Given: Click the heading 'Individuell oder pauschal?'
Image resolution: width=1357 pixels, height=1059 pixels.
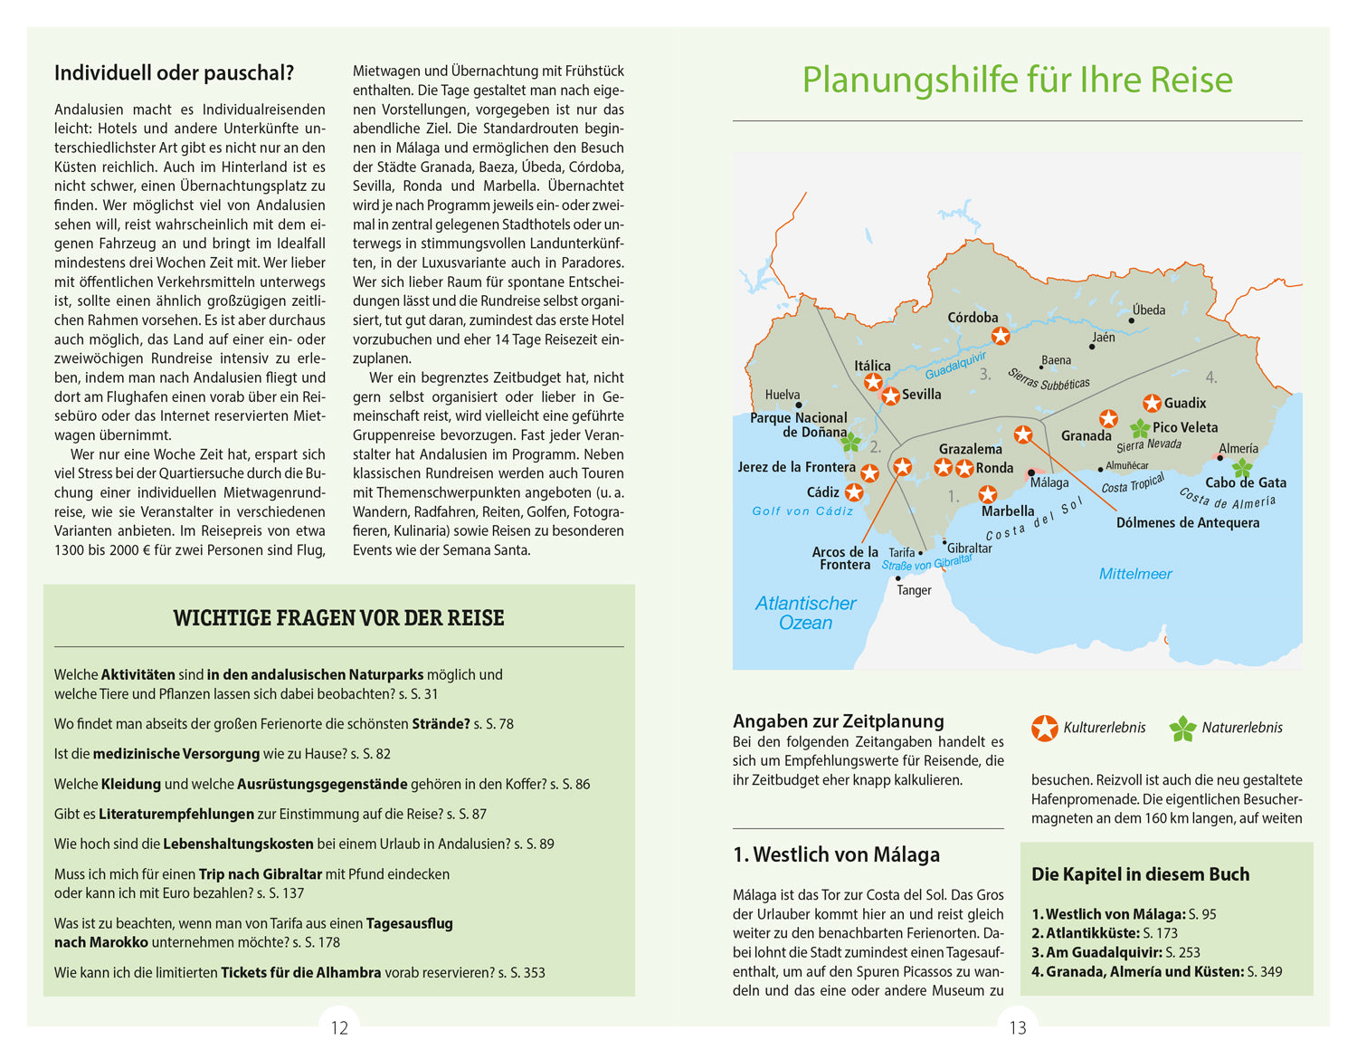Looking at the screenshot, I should click(174, 73).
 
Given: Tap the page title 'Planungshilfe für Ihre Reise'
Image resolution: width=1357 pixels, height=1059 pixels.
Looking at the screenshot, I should click(1017, 80).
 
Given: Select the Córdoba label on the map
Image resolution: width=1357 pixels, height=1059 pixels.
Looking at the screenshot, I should click(973, 318).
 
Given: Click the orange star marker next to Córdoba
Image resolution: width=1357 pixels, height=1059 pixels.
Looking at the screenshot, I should click(1000, 336).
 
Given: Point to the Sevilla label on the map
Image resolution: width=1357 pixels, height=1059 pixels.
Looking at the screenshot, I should click(921, 395).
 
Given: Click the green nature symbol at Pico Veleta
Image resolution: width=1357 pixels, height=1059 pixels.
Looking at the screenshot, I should click(1140, 428).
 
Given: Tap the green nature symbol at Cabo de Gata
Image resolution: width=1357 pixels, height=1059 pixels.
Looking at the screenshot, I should click(1242, 467).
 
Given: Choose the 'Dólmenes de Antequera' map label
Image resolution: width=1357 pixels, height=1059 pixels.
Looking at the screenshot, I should click(1187, 523).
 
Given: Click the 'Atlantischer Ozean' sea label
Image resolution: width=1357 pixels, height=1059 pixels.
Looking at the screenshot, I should click(805, 613).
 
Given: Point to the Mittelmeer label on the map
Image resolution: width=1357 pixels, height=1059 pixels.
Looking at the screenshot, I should click(1134, 574).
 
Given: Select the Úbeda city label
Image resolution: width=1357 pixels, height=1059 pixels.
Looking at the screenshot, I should click(1148, 310).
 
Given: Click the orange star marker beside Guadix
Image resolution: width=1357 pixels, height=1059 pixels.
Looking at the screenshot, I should click(1152, 403).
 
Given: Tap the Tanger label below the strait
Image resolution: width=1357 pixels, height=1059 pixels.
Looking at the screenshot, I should click(914, 590).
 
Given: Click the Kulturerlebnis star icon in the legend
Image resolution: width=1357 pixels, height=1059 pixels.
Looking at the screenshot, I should click(1044, 728).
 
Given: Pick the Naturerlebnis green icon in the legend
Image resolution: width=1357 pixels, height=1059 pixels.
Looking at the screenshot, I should click(1182, 729).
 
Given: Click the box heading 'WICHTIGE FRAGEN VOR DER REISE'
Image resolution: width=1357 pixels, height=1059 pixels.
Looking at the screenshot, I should click(338, 618).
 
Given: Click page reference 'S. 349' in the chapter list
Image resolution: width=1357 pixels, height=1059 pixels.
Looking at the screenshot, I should click(1265, 972).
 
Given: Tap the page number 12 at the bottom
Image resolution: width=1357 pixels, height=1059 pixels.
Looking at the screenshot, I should click(339, 1028).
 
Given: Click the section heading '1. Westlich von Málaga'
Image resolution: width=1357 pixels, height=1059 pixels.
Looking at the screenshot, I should click(836, 854).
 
